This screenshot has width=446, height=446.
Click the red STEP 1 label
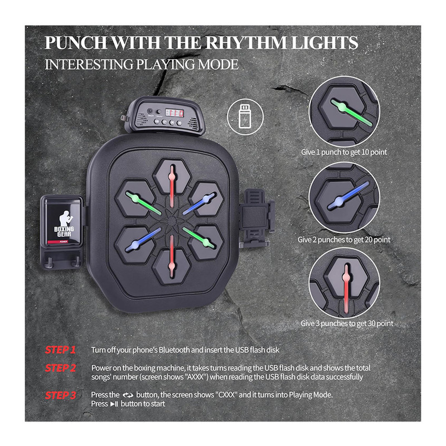(x=60, y=350)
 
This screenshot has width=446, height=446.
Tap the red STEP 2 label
(x=61, y=368)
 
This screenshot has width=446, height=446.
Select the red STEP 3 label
(x=61, y=395)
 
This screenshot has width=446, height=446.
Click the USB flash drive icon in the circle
(x=245, y=117)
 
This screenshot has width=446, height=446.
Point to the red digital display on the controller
(x=174, y=113)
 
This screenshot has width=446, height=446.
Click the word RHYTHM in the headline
(x=246, y=43)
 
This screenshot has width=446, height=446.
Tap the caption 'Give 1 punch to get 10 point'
(x=344, y=152)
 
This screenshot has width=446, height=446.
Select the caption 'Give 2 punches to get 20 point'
(x=344, y=240)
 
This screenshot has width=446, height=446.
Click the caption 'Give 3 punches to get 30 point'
(x=347, y=323)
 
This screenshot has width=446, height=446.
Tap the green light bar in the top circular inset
(x=351, y=113)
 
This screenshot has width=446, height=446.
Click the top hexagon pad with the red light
(x=172, y=176)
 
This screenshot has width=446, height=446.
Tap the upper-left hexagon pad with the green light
(x=135, y=198)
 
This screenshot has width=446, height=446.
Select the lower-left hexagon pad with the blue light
(x=135, y=244)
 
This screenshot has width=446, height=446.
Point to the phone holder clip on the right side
(x=256, y=218)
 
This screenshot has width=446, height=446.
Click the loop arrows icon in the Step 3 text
(x=128, y=395)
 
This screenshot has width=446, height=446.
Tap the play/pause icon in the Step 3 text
(x=114, y=404)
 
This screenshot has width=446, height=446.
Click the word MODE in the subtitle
(x=218, y=65)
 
